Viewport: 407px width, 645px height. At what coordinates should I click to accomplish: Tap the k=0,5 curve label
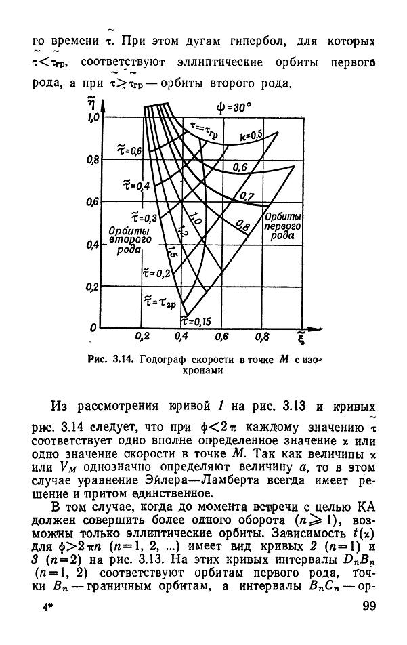[252, 135]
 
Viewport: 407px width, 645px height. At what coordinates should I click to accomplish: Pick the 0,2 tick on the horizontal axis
[142, 336]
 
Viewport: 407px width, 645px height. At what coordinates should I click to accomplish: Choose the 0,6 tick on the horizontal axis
[221, 336]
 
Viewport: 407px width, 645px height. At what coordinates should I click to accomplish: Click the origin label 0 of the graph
[93, 329]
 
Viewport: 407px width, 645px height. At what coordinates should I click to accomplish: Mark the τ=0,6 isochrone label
[128, 150]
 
